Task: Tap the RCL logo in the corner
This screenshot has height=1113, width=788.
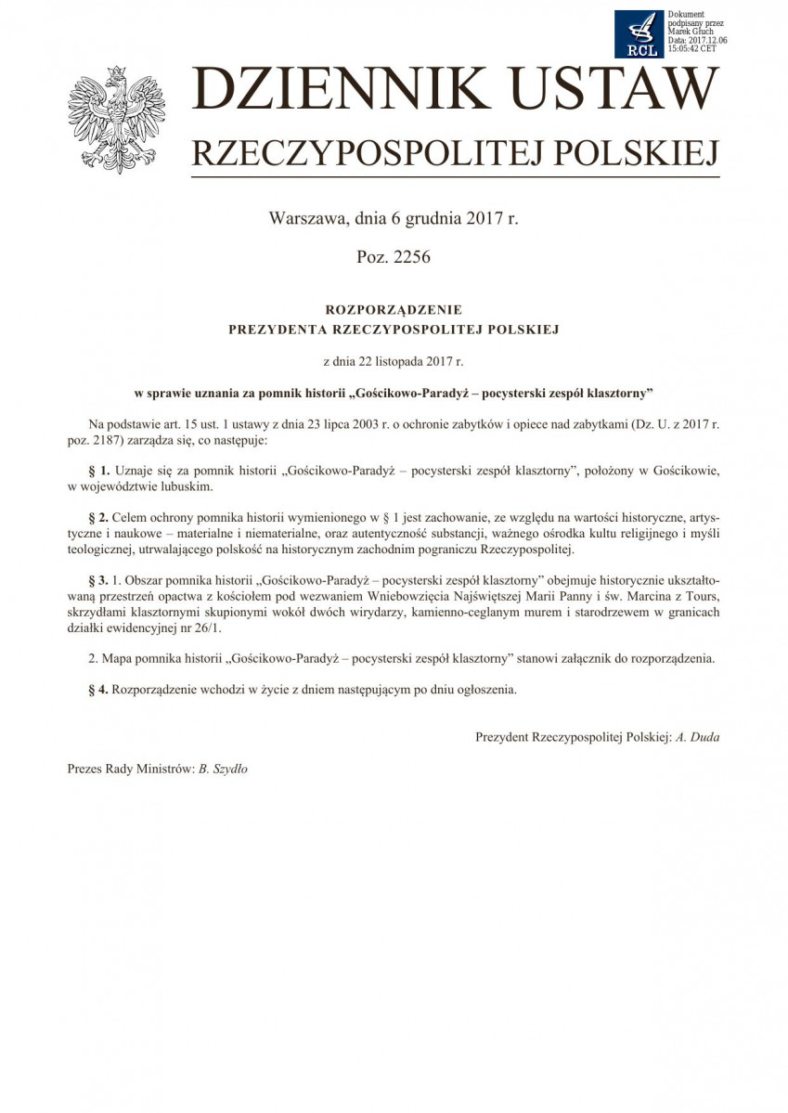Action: pos(639,33)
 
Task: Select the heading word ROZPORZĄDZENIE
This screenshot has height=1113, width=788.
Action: pos(394,309)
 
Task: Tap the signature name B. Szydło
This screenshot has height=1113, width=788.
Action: pos(223,769)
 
